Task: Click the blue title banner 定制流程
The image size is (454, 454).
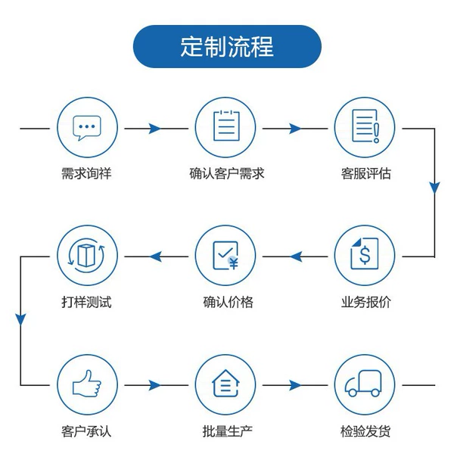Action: point(227,46)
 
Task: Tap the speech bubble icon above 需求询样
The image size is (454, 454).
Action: point(87,128)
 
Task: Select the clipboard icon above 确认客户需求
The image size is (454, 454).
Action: point(226,126)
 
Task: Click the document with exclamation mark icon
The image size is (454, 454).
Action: point(365,126)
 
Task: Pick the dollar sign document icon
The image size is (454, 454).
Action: point(365,253)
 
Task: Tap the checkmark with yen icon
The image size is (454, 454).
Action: point(225,256)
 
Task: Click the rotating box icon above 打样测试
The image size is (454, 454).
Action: point(86,256)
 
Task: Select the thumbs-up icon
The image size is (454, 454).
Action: point(86,384)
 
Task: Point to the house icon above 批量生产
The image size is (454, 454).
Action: point(225,384)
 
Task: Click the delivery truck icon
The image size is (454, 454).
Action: point(363,384)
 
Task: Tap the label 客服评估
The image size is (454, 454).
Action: point(365,174)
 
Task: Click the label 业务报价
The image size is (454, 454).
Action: point(365,302)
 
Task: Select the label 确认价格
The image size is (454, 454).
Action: point(228,302)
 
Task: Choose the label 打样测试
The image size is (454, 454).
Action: point(86,302)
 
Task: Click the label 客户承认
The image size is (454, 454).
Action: point(86,431)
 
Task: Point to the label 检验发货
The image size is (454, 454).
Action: point(365,431)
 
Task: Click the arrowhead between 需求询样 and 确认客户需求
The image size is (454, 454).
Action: point(154,129)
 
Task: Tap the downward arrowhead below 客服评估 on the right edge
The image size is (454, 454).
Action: point(434,188)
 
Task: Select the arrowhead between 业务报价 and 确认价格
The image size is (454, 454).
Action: point(296,257)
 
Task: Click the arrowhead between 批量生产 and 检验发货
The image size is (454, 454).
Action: point(295,385)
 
